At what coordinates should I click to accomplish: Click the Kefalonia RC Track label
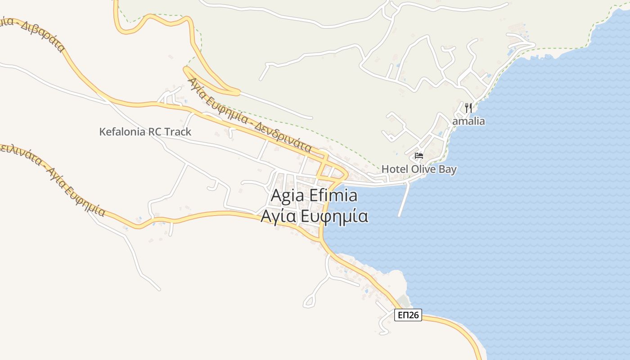coord(145,132)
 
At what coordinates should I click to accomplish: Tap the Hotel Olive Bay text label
coord(419,169)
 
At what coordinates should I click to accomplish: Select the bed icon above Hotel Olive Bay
coord(419,156)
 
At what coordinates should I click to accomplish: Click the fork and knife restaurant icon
coord(468,108)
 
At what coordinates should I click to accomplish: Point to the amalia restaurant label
coord(468,121)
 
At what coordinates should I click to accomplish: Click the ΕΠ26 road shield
coord(409,315)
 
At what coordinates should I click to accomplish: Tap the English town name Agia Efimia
coord(314,196)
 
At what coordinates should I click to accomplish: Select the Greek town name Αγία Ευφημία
coord(314,216)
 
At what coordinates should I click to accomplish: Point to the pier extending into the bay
coord(404,200)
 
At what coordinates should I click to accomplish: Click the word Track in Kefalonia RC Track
coord(178,132)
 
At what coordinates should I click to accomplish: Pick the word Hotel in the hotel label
coord(394,169)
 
